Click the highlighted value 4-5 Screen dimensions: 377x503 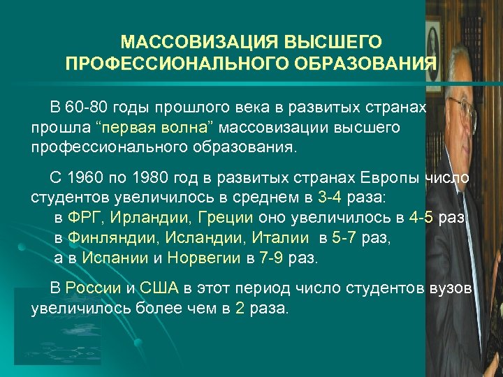click(x=423, y=218)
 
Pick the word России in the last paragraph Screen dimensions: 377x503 click(x=87, y=288)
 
